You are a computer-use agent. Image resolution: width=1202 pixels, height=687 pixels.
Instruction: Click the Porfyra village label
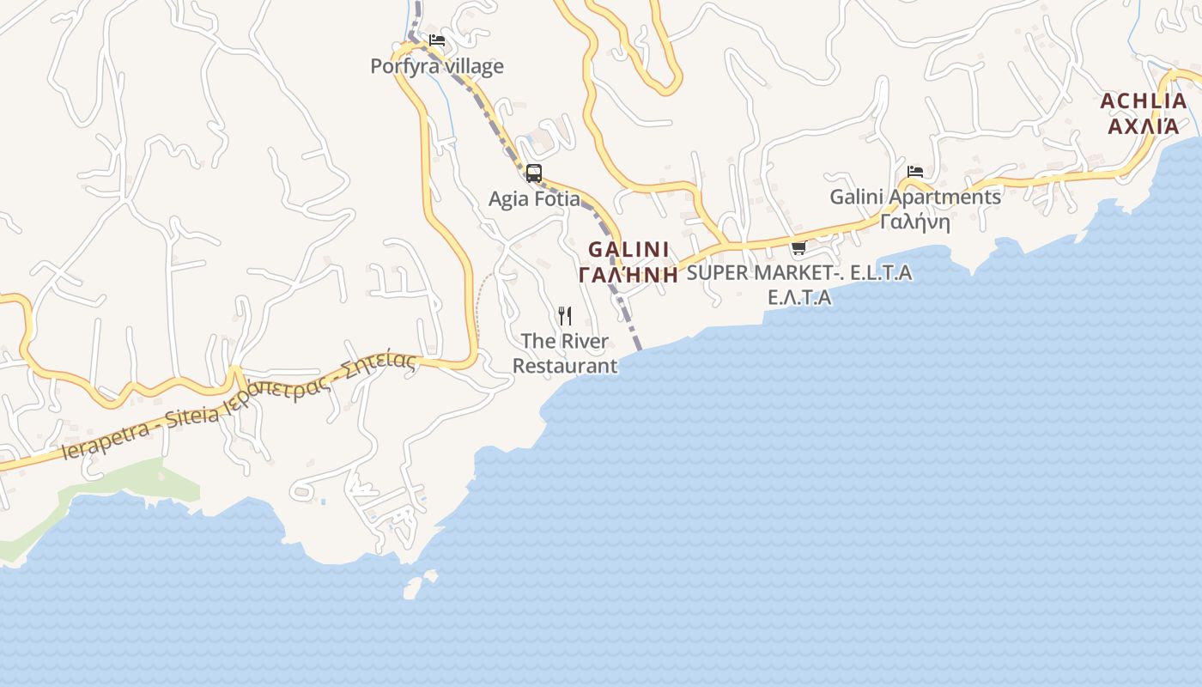pos(436,66)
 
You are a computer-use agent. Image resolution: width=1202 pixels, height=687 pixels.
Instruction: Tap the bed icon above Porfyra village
pos(437,40)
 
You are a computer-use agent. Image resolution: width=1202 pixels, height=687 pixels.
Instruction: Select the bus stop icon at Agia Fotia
pos(534,173)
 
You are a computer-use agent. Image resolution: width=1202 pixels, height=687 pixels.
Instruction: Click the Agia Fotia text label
pos(534,199)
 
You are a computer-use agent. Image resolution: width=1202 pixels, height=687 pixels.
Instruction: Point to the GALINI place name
pos(628,250)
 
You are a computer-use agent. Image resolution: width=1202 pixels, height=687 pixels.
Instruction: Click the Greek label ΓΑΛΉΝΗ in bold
pos(628,275)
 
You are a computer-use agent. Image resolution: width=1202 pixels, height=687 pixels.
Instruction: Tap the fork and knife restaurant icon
pos(565,316)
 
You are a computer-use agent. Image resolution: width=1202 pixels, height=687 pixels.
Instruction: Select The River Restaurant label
pos(565,353)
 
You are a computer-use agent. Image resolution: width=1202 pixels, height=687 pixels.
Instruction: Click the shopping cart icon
pos(798,248)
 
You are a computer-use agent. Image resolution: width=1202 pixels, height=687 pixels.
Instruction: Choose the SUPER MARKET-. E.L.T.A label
pos(799,273)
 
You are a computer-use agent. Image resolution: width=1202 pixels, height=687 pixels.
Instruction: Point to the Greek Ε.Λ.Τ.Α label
pos(799,297)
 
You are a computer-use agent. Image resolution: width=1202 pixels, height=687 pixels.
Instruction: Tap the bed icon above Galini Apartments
pos(915,172)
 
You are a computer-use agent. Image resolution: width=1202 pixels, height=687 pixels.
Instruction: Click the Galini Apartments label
pos(915,197)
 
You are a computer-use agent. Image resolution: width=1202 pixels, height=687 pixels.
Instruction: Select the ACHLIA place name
pos(1144,101)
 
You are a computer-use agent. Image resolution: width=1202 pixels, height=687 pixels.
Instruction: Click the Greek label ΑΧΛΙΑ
pos(1144,126)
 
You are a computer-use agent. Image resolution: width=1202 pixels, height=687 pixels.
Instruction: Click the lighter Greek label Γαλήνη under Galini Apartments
pos(915,222)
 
